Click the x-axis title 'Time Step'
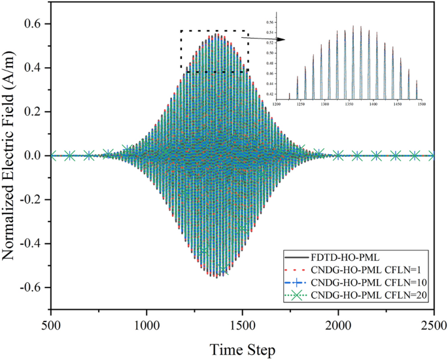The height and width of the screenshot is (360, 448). (x=242, y=349)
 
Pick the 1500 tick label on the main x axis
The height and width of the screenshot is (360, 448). (x=243, y=325)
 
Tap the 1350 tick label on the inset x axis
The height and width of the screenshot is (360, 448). (x=348, y=104)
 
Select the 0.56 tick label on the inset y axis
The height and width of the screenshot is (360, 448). (x=270, y=22)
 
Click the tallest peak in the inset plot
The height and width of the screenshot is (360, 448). (x=353, y=26)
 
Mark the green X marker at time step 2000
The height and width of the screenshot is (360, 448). (x=338, y=155)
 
